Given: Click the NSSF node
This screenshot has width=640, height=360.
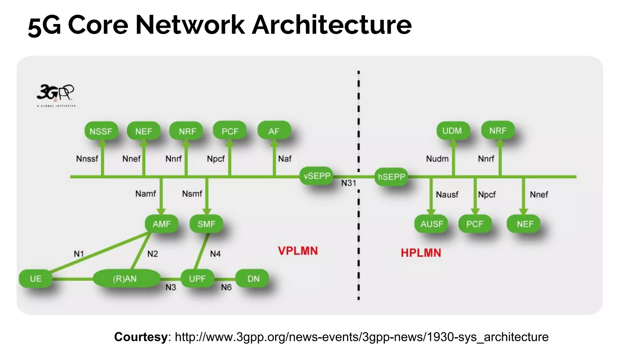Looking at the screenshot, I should pos(101,131).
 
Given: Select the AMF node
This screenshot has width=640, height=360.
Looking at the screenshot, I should pos(162,224).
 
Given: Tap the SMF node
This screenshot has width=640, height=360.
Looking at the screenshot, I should pos(206,224).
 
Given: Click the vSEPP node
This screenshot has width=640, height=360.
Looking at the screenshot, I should pos(317,176).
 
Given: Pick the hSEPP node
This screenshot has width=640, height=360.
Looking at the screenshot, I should pos(391,177).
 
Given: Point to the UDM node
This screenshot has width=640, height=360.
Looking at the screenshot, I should pos(452,131).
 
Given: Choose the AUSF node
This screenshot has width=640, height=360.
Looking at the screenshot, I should pos(432,224).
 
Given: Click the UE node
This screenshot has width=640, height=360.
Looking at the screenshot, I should pos(36,278).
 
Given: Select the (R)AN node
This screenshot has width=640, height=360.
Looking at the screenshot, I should pos(125,278).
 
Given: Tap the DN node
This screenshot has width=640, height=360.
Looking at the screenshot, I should pos(253,278).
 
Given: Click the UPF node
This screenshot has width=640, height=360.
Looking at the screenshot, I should pos(197,278).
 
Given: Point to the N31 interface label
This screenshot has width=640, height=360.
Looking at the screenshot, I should pos(348,183).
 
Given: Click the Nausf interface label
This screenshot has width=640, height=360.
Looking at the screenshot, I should pos(447,195).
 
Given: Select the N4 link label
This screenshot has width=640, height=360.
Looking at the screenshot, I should pos(215,254).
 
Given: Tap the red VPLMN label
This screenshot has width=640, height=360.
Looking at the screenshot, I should pos(297,251).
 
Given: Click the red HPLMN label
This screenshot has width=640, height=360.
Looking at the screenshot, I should pos(421,253).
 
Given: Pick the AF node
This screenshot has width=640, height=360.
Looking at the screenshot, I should pos(274,131).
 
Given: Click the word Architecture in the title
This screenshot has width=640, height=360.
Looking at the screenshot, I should pos(332,25).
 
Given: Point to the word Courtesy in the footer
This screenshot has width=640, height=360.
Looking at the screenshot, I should pos(141,337).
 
